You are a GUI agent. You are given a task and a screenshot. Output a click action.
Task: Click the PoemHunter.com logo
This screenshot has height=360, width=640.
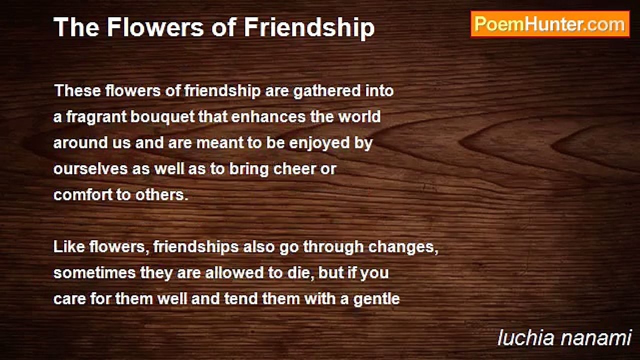[550, 24]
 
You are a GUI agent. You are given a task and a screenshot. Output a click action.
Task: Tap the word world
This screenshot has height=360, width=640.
[359, 117]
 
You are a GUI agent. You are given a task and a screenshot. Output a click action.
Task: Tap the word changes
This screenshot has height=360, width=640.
[403, 247]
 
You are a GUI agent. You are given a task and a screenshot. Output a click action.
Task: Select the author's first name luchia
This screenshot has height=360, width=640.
[526, 338]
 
